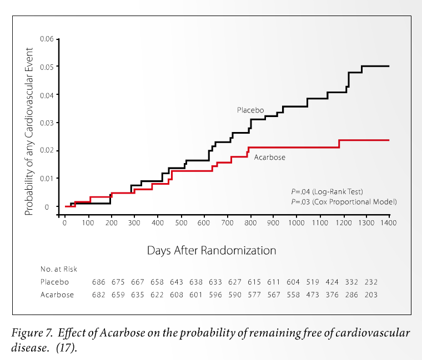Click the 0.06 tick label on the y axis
click(x=46, y=39)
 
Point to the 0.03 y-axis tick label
click(x=46, y=123)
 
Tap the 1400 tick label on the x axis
click(x=389, y=222)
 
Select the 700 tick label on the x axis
click(x=227, y=222)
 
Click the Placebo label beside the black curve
click(x=250, y=110)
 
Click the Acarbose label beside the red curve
click(x=269, y=158)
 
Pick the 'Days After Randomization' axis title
click(x=211, y=250)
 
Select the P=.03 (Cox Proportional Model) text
click(x=344, y=202)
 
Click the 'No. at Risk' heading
click(x=59, y=269)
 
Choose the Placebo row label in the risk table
click(x=55, y=282)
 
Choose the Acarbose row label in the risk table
click(x=57, y=295)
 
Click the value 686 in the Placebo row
click(x=98, y=282)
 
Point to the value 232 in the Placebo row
click(x=370, y=282)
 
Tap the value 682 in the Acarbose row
click(x=98, y=295)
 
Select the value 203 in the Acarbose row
click(x=370, y=295)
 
